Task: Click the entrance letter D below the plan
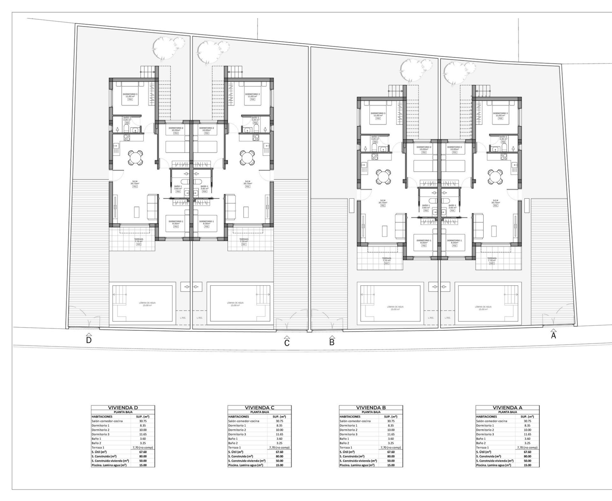(89, 340)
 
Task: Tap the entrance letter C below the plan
(287, 343)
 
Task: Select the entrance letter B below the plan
(332, 343)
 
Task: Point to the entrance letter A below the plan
(553, 335)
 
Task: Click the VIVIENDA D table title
(123, 408)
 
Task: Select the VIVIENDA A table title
(507, 408)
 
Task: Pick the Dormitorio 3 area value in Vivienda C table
(279, 434)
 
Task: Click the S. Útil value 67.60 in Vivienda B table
(390, 452)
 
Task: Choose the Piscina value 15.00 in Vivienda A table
(527, 465)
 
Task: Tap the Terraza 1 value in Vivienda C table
(279, 447)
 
